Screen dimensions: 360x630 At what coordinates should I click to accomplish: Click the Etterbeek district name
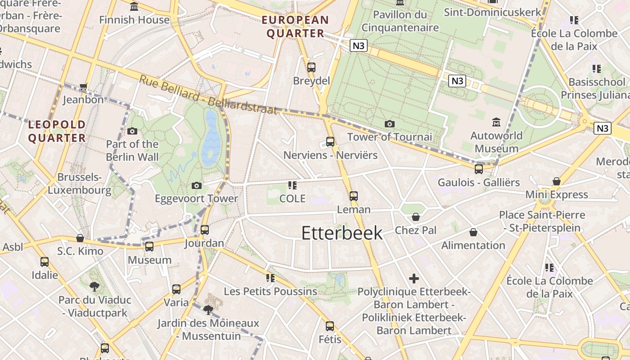[342, 233]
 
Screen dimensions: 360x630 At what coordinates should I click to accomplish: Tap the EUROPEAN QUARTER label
[296, 27]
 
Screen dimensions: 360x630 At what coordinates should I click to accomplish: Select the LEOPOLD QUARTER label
[57, 131]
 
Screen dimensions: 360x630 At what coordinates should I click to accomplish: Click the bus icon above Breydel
[311, 67]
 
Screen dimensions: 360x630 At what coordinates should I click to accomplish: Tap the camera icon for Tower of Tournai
[390, 124]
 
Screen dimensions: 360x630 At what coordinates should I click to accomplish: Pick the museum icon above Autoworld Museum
[496, 122]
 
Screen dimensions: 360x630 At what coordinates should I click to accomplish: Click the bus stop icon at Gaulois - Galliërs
[479, 169]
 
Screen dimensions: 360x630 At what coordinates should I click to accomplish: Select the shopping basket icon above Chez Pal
[416, 217]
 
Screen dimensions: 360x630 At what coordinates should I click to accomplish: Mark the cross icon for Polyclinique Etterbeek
[414, 279]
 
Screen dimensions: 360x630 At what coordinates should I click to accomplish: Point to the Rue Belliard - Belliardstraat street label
[208, 95]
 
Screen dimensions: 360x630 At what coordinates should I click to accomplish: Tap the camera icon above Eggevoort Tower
[196, 185]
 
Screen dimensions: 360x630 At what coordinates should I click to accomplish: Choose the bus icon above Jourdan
[205, 229]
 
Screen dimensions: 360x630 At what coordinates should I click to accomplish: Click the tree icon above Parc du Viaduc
[94, 286]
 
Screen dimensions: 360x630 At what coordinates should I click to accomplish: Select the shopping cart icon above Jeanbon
[83, 86]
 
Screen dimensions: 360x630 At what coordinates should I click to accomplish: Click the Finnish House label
[134, 20]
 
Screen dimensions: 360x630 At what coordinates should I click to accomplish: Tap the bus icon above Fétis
[330, 326]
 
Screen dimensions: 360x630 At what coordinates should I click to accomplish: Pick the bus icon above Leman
[354, 196]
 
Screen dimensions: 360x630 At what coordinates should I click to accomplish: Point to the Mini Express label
[557, 194]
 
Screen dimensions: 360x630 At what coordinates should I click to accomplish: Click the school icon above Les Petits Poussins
[270, 278]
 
